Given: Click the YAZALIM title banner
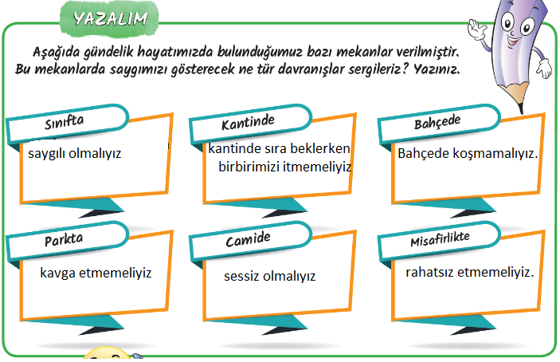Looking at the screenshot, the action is [x=109, y=18].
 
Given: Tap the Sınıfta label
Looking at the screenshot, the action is [x=65, y=122].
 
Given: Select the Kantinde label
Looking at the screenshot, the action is [x=248, y=122].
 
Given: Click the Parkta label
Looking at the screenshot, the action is [x=64, y=239].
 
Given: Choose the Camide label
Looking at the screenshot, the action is [x=248, y=239].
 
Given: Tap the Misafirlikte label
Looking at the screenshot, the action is [x=440, y=238].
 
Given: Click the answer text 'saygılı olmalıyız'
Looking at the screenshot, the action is [x=75, y=154].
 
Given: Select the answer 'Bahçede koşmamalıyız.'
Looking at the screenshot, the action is [x=468, y=154].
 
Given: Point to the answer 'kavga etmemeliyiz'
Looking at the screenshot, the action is [x=96, y=273].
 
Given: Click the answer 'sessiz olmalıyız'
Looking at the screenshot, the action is [x=269, y=276].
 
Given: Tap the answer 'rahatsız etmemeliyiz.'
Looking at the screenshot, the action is [x=470, y=273].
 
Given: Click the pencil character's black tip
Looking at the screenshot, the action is [x=521, y=108].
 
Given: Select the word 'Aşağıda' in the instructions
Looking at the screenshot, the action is [x=57, y=52].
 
